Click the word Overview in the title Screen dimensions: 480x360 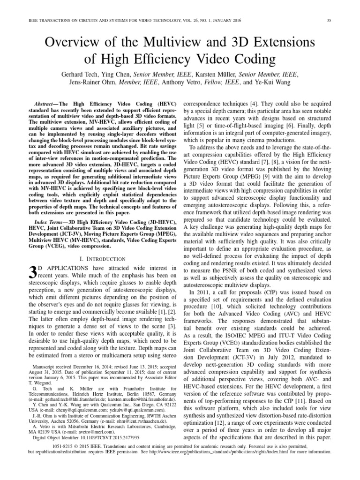tap(70, 43)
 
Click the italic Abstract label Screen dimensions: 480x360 tap(46, 102)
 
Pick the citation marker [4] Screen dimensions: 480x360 tap(253, 102)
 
